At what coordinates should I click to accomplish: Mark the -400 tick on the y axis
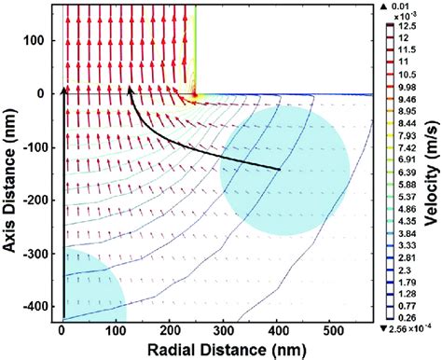[x=37, y=305]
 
